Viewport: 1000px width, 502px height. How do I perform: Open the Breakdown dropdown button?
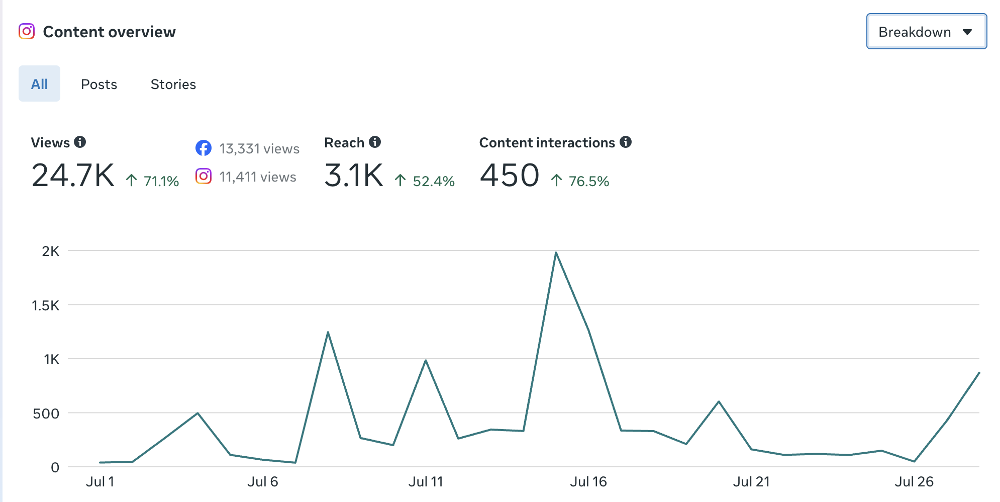tap(927, 31)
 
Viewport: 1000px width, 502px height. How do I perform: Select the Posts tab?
tap(99, 84)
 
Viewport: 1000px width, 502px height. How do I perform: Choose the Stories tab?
tap(173, 84)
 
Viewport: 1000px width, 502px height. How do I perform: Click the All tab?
tap(39, 83)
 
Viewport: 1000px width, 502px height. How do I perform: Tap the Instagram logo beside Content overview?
tap(27, 31)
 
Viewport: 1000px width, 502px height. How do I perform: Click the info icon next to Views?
tap(80, 142)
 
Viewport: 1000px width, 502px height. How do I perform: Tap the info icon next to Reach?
tap(375, 142)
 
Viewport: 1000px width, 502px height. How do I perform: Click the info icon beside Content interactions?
tap(626, 142)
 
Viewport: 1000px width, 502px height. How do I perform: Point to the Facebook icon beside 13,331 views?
tap(204, 148)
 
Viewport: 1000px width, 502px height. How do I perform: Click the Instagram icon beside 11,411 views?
tap(204, 176)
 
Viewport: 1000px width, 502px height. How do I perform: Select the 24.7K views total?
tap(73, 176)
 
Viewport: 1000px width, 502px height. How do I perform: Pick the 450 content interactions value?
tap(510, 176)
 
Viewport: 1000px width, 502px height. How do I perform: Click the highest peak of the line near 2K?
tap(556, 253)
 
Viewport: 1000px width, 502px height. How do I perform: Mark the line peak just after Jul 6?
tap(328, 332)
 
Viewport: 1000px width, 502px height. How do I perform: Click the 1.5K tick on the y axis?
tap(46, 305)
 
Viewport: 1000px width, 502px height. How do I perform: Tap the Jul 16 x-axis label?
tap(588, 482)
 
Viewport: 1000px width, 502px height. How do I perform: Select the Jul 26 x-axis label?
tap(914, 482)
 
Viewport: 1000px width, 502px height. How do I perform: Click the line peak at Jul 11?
tap(426, 360)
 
